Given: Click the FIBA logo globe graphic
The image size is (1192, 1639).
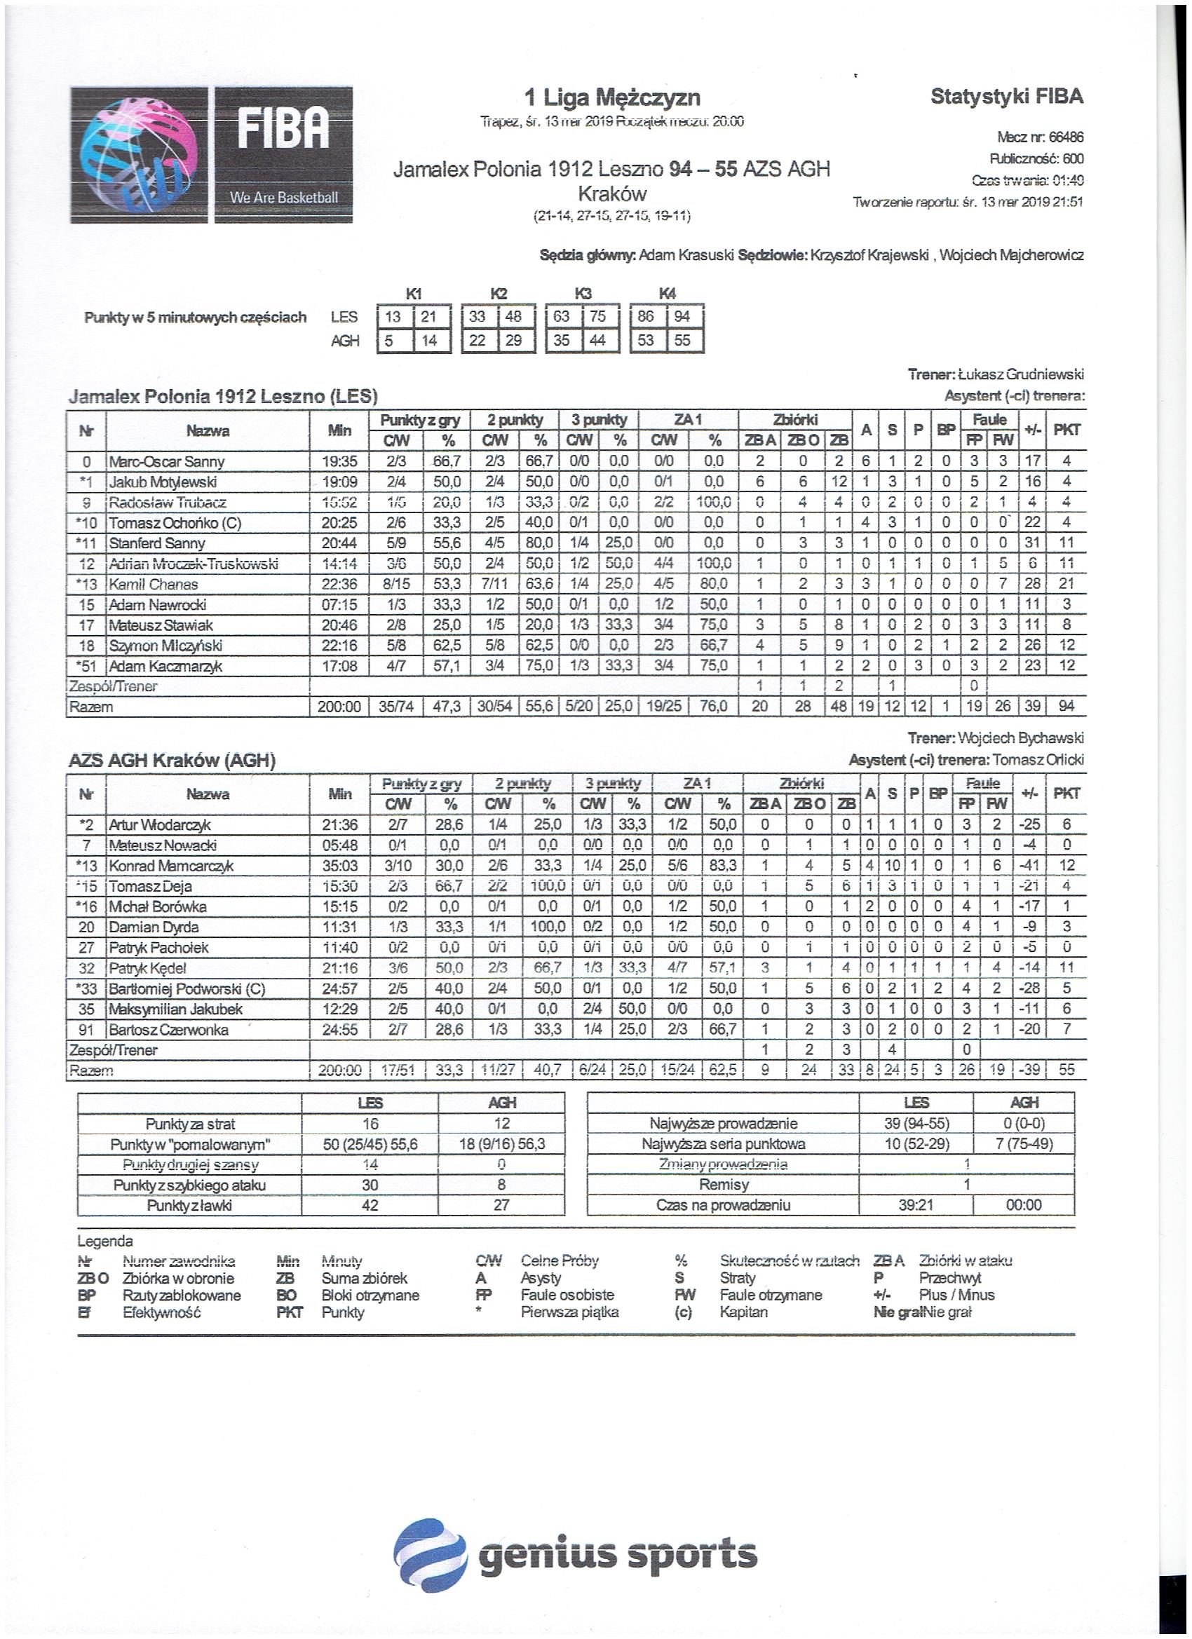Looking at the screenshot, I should coord(138,155).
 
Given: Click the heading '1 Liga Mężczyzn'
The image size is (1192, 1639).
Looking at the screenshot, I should coord(611,97).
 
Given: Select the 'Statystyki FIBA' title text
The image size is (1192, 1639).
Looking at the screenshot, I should coord(1006,96).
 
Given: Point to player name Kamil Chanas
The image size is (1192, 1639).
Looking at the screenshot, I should coord(154,584).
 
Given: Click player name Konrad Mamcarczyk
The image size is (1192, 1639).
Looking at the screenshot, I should coord(170,866).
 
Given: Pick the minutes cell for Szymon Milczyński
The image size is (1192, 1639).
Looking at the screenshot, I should coord(339,646).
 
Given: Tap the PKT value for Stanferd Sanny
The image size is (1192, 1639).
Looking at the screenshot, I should coord(1066,543).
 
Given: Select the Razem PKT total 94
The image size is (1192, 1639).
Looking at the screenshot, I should coord(1066,707).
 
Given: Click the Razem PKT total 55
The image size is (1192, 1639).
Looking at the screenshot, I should coord(1066,1070).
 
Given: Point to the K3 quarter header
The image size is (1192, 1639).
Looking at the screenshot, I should coord(583,294).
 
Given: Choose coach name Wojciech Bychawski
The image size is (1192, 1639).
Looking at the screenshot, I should coord(1020,739).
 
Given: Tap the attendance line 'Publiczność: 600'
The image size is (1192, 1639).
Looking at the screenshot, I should coord(1036,159).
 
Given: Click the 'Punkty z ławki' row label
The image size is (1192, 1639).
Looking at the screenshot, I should coord(189,1205).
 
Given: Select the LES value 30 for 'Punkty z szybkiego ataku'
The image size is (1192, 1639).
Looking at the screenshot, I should coord(370,1185).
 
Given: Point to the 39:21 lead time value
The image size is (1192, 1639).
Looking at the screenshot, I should coord(915,1205).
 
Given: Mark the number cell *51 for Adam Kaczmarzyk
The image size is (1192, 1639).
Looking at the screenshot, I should coord(86,665).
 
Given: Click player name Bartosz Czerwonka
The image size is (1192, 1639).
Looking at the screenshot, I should coord(168,1030).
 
